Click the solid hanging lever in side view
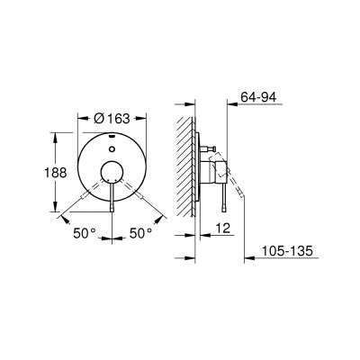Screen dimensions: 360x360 [220, 198]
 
